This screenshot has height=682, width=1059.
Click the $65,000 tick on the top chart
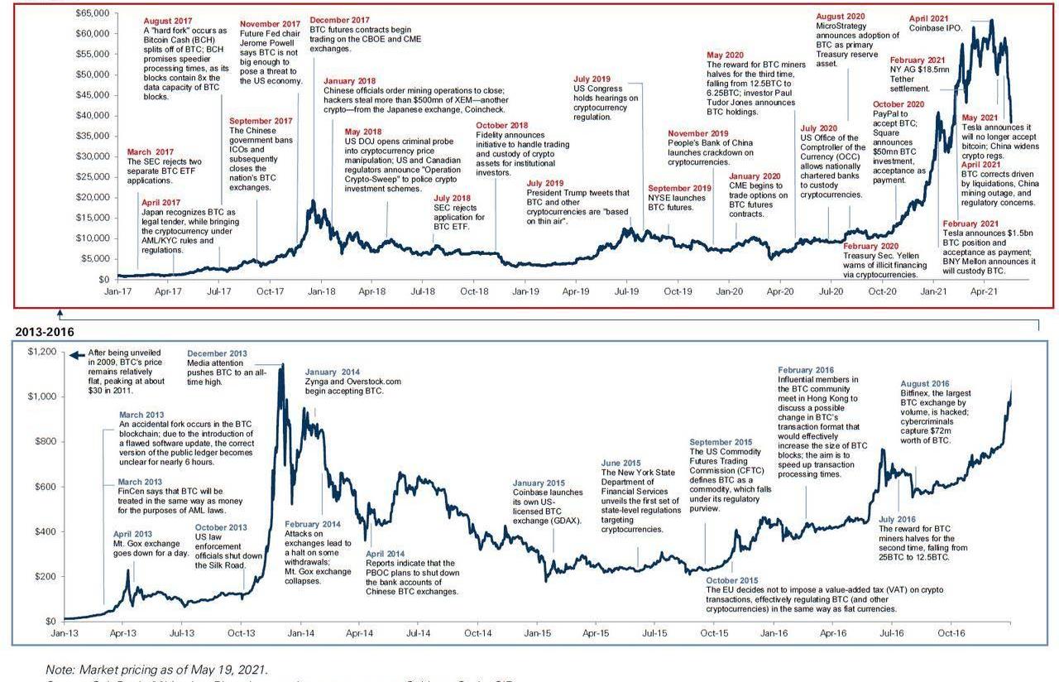92,13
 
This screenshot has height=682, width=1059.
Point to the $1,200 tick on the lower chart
41,352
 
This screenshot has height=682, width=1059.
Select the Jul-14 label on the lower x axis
418,633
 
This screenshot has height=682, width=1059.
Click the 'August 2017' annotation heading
167,22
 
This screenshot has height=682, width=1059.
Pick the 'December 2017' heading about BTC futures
339,20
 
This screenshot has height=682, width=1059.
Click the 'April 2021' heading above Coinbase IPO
929,18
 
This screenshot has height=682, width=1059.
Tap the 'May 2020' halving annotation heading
725,55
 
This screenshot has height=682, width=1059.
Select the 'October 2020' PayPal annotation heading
898,104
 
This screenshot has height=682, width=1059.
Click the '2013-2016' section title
45,332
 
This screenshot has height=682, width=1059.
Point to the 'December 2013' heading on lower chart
217,353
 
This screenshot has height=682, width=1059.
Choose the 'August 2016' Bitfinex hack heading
925,384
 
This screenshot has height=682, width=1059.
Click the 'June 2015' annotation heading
621,463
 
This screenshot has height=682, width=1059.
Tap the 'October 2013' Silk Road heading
221,527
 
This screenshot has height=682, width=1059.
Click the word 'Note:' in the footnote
60,670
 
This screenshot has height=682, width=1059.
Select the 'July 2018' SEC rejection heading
452,198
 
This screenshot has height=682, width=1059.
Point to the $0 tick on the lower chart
50,621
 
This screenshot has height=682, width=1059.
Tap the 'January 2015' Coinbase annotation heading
539,483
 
